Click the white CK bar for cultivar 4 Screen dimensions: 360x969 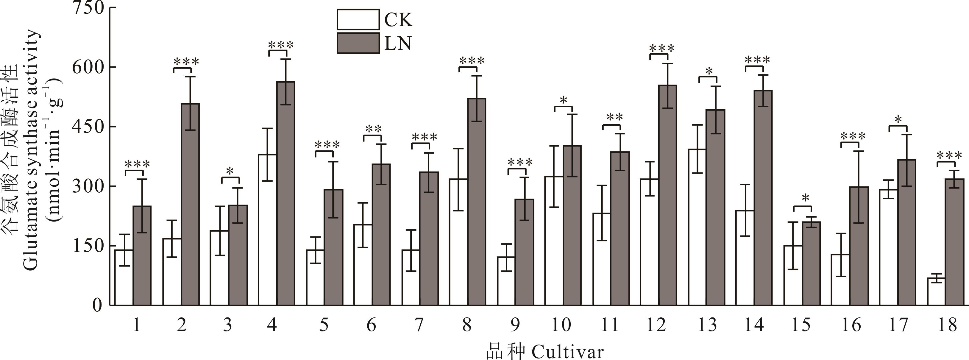[267, 230]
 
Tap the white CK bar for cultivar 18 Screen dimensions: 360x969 [936, 291]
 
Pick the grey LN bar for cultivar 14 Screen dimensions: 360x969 [763, 197]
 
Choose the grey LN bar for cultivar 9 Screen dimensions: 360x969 [524, 252]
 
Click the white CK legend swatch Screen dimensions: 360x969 [358, 20]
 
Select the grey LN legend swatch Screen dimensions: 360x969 [358, 43]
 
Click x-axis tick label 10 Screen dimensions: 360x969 [561, 325]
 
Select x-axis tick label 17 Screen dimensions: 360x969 [898, 325]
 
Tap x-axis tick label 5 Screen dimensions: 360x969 [324, 325]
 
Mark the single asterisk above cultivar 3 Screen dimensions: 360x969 [230, 171]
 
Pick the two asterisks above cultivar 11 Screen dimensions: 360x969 [615, 117]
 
